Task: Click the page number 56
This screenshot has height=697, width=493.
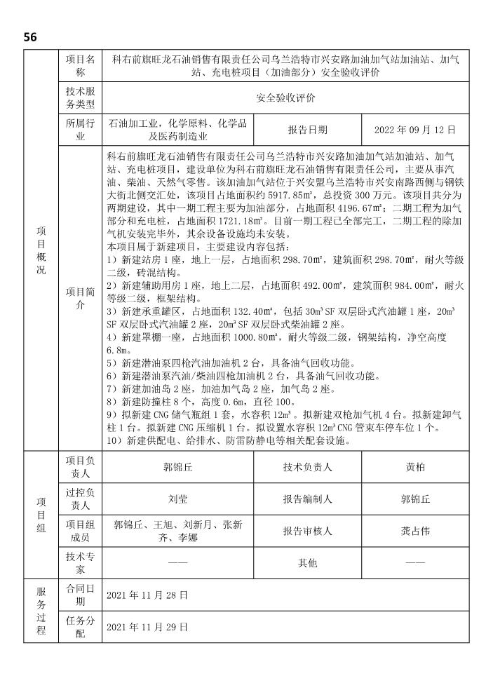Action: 30,36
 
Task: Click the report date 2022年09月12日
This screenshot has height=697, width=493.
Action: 414,130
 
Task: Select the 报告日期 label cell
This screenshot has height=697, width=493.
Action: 307,130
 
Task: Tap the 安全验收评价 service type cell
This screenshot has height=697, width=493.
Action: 285,97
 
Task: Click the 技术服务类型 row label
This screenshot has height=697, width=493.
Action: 79,97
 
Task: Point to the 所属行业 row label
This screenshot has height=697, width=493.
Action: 79,130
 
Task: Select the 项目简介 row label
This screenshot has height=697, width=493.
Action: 79,298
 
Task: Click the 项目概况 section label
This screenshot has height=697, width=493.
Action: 41,252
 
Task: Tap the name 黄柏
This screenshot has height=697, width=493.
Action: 414,466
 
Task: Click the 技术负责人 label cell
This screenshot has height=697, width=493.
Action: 307,466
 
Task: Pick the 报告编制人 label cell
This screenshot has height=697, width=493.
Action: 307,499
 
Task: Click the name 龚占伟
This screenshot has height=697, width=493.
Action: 414,532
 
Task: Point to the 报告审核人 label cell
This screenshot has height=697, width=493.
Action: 307,532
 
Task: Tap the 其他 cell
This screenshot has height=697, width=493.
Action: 307,562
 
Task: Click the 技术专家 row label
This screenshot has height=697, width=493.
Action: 79,562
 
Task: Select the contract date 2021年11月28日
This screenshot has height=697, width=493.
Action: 147,595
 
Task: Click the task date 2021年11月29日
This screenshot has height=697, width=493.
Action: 147,627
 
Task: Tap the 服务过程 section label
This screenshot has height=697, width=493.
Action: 41,611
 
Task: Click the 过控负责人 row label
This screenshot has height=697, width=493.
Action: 79,499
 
